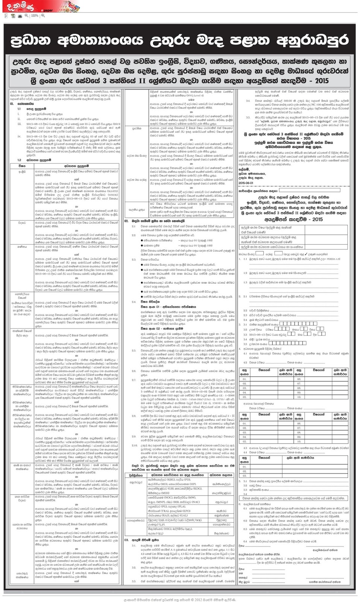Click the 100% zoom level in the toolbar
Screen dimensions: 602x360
click(35, 16)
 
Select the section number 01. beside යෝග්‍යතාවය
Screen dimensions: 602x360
click(12, 103)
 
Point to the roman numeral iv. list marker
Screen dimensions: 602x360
click(19, 136)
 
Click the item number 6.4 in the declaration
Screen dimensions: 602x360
click(245, 541)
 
